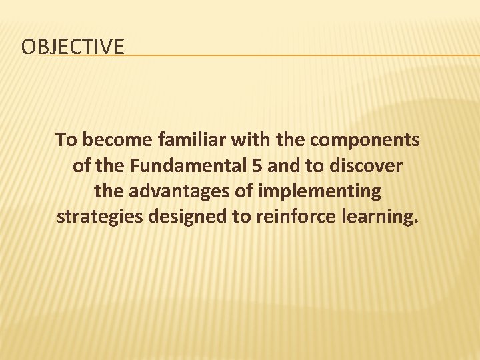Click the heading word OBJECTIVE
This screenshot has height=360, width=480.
73,47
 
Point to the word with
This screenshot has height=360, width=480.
249,140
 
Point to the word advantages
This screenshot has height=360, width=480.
175,192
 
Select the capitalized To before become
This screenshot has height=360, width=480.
66,140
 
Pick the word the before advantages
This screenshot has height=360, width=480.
109,192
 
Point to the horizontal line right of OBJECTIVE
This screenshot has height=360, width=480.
300,55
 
